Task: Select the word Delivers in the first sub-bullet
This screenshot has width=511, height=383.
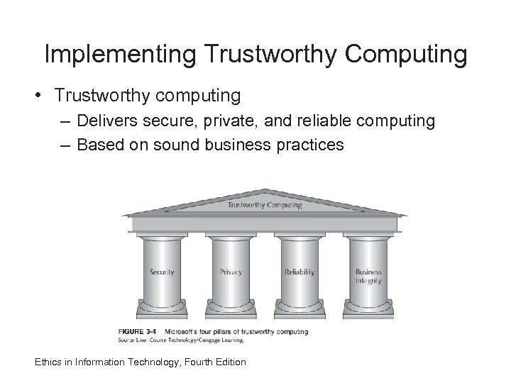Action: pyautogui.click(x=107, y=121)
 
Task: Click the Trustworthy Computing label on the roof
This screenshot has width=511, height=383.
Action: pyautogui.click(x=265, y=206)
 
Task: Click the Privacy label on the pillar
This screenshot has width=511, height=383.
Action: pyautogui.click(x=231, y=272)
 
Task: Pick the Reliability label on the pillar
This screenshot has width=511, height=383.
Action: pyautogui.click(x=300, y=272)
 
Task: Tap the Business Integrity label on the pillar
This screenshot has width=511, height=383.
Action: pyautogui.click(x=368, y=277)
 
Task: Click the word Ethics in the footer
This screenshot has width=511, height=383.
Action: pyautogui.click(x=50, y=362)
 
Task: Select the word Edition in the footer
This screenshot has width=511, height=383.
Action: pyautogui.click(x=228, y=362)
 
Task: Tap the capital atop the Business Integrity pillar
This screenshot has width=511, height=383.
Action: pyautogui.click(x=368, y=236)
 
